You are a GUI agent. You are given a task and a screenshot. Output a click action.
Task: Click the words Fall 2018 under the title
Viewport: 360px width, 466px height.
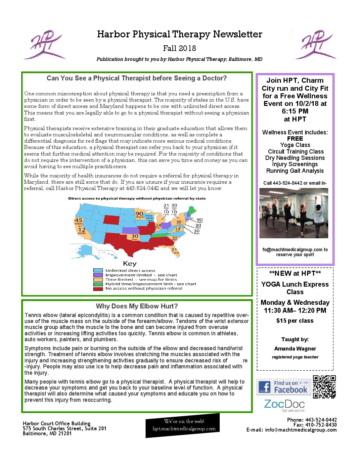coord(180,48)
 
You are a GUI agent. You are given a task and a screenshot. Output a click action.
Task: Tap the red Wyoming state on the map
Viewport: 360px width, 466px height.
coord(113,219)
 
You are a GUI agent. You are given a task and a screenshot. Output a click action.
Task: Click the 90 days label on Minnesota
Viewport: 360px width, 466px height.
coord(139,214)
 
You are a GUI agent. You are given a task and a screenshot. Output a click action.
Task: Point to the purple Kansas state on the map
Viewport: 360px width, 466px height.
coord(131,230)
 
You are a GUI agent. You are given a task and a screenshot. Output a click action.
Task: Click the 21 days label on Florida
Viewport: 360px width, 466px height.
coord(174,251)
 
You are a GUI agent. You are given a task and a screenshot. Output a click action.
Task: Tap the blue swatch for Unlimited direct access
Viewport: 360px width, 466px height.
coord(98,270)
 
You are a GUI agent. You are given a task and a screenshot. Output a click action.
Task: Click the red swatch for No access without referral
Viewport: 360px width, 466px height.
coord(98,289)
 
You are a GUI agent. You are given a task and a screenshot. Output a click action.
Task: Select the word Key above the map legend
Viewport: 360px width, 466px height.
coord(130,263)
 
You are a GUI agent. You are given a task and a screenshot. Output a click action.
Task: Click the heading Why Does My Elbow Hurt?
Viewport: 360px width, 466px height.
coord(137,306)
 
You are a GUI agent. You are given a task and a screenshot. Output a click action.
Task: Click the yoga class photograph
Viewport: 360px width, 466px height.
coord(293,213)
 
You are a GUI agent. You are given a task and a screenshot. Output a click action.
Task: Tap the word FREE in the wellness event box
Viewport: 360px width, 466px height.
coord(295,139)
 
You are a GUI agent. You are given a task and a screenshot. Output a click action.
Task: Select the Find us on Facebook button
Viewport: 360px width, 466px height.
coord(284,387)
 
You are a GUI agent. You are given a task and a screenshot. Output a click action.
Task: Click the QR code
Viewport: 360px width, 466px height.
coord(324,387)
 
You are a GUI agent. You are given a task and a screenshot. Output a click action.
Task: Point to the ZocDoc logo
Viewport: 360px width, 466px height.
coord(284,405)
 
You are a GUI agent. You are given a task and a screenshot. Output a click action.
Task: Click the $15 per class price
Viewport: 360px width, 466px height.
coord(295,321)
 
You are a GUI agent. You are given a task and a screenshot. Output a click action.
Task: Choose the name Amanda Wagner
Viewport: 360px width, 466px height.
coord(295,349)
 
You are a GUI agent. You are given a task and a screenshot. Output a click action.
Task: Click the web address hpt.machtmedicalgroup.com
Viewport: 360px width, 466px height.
coord(184,429)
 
